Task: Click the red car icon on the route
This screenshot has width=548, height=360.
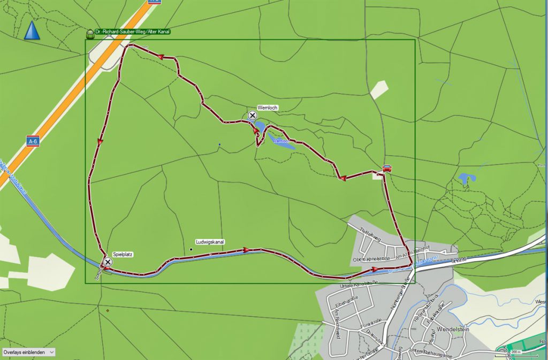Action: pos(386,168)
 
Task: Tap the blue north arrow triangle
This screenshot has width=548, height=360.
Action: pos(32,30)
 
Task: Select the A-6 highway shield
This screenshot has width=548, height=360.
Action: pos(33,141)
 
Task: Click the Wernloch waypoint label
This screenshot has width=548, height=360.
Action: pos(267,108)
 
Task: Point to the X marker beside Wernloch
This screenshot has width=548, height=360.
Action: pos(253,116)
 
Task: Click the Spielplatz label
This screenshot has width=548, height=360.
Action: pos(123,255)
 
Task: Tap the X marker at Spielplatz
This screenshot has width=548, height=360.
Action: pos(108,262)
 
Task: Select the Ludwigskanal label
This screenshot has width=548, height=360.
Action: pos(210,242)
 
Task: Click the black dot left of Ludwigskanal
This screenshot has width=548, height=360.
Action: pos(191,249)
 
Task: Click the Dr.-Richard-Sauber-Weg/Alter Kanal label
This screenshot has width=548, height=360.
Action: pos(132,32)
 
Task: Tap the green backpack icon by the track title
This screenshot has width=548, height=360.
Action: pos(90,33)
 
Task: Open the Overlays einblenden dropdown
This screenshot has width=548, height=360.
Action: pos(28,353)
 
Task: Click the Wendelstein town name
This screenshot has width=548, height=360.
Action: pos(453,330)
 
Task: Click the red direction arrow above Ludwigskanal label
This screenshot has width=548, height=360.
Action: pos(246,249)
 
